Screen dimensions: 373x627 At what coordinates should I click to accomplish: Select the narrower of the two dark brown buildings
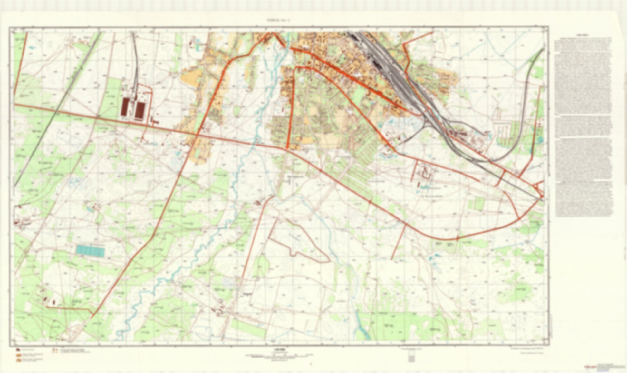coord(125,107)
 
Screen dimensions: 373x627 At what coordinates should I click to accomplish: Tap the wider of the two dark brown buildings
coord(140,110)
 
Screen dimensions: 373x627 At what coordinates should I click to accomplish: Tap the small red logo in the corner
coord(589,367)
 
